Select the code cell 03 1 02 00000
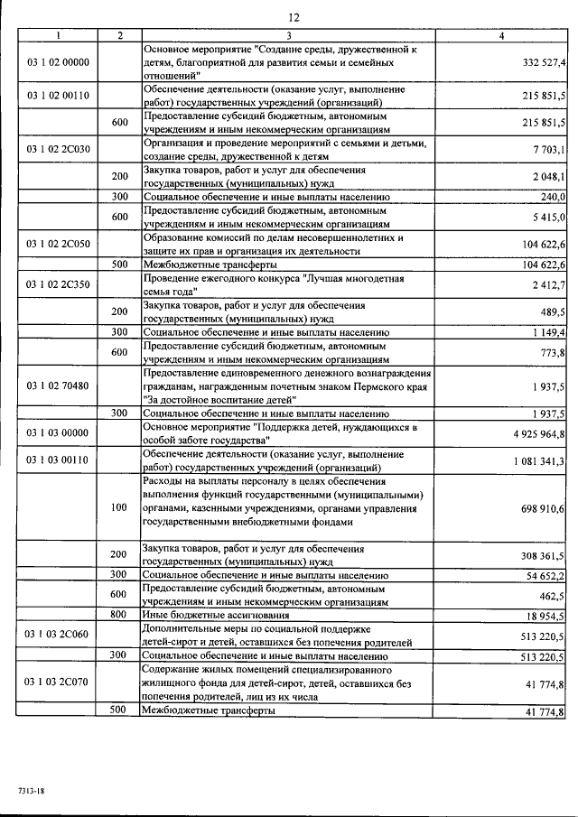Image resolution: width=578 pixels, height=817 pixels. (58, 63)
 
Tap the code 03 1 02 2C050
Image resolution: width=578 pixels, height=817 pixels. (58, 244)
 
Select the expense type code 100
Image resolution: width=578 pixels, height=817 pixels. (118, 508)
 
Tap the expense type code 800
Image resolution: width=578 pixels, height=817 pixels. (118, 615)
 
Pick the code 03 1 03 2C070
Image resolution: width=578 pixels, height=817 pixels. (58, 685)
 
